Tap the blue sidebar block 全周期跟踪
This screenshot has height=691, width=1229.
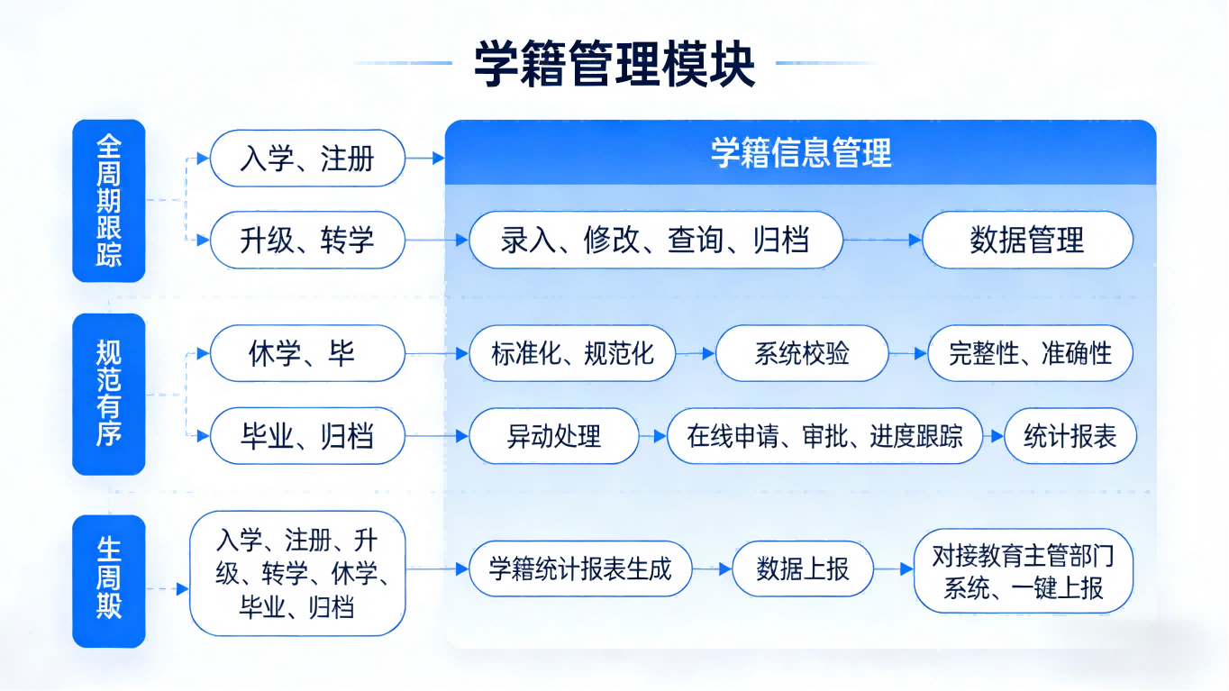pyautogui.click(x=108, y=201)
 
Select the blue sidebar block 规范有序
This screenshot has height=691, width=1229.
pyautogui.click(x=108, y=394)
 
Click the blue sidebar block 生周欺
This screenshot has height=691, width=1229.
pyautogui.click(x=108, y=580)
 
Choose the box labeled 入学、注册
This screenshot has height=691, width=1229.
pyautogui.click(x=307, y=159)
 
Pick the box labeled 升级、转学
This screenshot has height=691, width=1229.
pyautogui.click(x=307, y=241)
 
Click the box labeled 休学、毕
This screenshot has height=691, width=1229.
pyautogui.click(x=307, y=353)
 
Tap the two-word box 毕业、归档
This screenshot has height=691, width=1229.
pyautogui.click(x=307, y=437)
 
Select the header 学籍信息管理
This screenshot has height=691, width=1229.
pyautogui.click(x=800, y=153)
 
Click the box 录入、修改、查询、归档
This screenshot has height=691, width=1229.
pyautogui.click(x=656, y=241)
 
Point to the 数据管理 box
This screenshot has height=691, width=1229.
pyautogui.click(x=1027, y=241)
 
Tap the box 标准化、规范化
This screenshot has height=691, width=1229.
pyautogui.click(x=572, y=353)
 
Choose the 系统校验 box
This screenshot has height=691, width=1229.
pyautogui.click(x=802, y=353)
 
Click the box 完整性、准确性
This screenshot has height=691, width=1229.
pyautogui.click(x=1030, y=353)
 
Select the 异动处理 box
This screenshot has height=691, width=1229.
pyautogui.click(x=554, y=437)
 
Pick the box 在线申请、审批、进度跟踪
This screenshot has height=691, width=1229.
pyautogui.click(x=824, y=437)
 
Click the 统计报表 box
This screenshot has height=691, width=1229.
pyautogui.click(x=1070, y=437)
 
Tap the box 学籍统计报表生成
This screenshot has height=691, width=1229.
pyautogui.click(x=580, y=569)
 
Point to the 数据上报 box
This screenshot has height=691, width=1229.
pyautogui.click(x=802, y=569)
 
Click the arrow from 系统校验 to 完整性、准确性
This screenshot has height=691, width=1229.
pyautogui.click(x=908, y=354)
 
